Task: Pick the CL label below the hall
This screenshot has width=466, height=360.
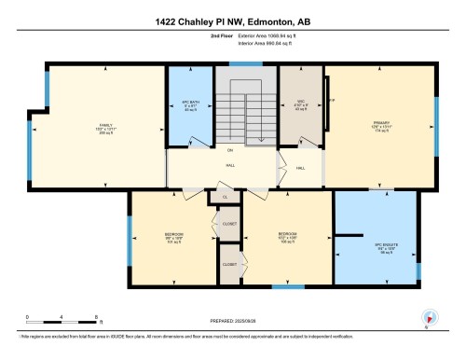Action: click(x=225, y=198)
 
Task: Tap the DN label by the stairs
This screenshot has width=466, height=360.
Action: click(x=229, y=148)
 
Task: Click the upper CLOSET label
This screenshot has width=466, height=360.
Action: click(x=229, y=224)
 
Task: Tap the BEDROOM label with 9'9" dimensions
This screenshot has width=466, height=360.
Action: click(x=174, y=235)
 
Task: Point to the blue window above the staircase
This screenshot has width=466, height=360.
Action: click(x=245, y=63)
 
